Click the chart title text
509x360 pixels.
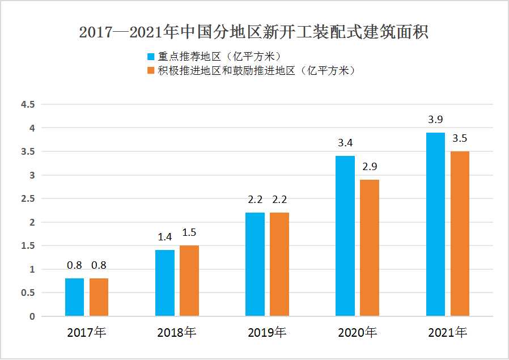pos(254,32)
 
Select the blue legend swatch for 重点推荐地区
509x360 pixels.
pos(151,57)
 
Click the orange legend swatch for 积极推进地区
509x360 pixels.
pos(151,71)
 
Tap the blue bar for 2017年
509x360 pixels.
pos(74,297)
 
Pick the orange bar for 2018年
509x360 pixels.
pos(189,281)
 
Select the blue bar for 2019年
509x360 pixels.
pos(255,264)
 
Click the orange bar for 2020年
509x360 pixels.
pos(370,248)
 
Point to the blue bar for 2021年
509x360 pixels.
pos(435,224)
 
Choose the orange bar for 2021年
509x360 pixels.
pos(460,234)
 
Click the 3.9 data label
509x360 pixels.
pos(435,120)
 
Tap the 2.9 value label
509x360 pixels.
pos(370,167)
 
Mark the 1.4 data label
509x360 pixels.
pos(165,238)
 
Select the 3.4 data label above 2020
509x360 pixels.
pos(345,143)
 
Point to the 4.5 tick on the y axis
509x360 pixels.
pos(28,105)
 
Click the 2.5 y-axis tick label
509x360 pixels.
pos(28,199)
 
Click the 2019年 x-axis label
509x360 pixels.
pos(267,333)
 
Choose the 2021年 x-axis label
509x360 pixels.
pos(448,333)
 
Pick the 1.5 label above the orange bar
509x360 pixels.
pos(189,232)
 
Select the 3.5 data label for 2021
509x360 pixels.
pos(460,138)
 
